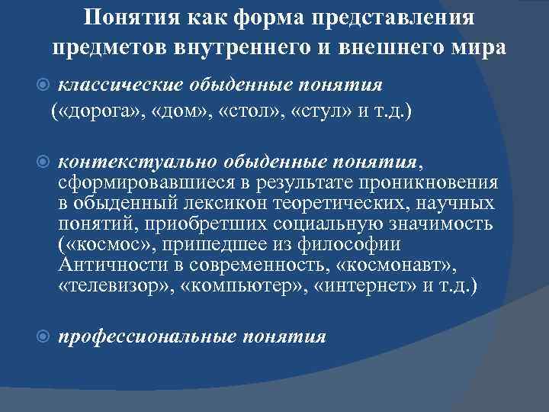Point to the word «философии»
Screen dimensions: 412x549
pyautogui.click(x=356, y=245)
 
